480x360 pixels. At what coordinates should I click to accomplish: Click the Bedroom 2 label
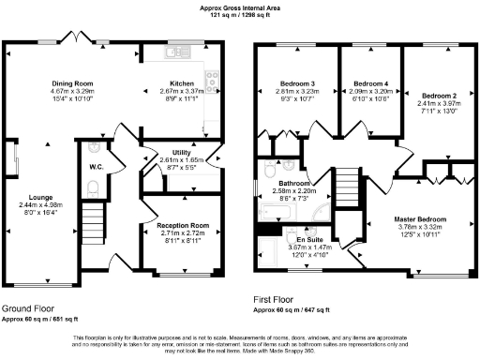439,97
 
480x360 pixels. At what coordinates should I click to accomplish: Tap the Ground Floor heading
27,307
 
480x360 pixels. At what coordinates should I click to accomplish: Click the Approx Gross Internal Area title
240,7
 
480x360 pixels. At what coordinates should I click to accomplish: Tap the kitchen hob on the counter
213,82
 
